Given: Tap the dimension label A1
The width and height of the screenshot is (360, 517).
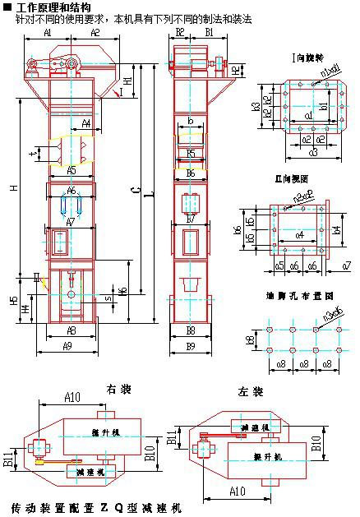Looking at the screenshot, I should click(48, 33).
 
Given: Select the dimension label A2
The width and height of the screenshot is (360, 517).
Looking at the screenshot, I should click(95, 33).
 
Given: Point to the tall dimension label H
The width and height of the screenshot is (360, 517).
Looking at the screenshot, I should click(13, 188).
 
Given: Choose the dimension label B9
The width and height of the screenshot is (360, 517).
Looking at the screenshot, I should click(191, 345).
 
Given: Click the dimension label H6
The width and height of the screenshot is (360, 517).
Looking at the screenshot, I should click(122, 292).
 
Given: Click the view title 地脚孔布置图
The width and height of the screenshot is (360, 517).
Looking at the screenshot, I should click(299, 293).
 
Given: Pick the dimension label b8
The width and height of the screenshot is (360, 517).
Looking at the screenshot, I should click(250, 337).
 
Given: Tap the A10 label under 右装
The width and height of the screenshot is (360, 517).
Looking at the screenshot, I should click(72, 398).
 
